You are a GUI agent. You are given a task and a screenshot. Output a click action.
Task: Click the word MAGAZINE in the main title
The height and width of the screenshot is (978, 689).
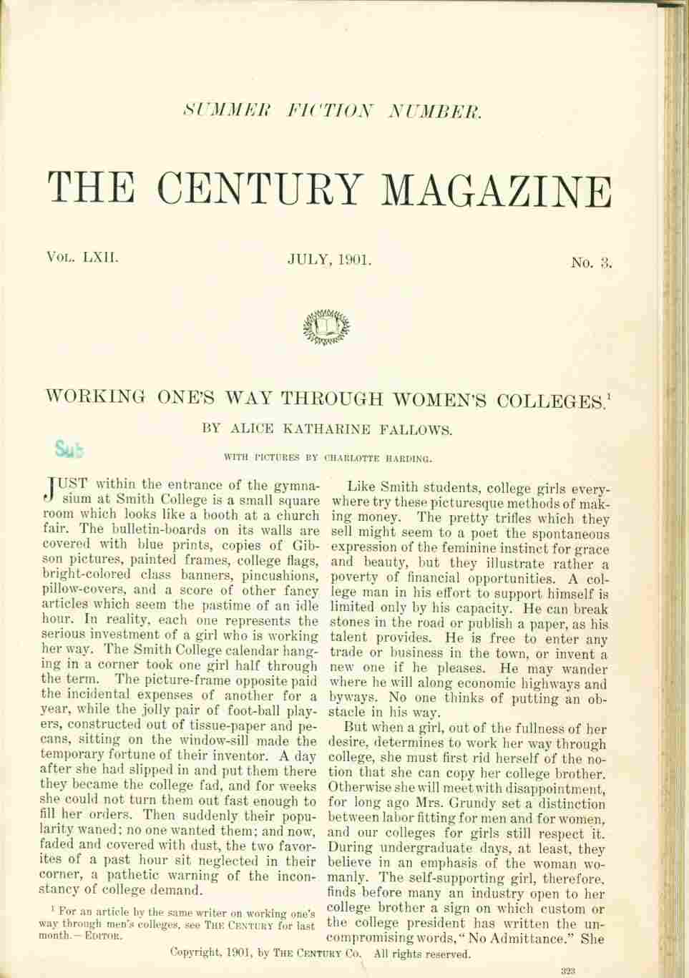pyautogui.click(x=498, y=190)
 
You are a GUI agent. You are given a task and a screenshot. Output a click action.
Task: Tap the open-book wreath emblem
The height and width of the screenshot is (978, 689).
pyautogui.click(x=327, y=327)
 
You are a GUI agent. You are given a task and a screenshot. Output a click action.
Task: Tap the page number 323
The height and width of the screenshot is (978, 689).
pyautogui.click(x=569, y=971)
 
